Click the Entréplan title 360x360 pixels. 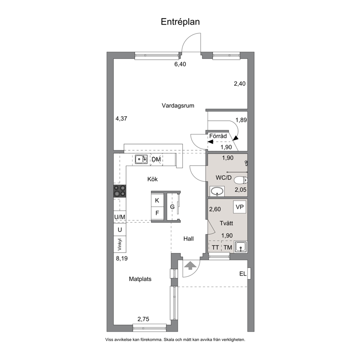point(180,22)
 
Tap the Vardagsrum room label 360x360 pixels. point(178,106)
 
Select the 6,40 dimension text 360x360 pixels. point(180,64)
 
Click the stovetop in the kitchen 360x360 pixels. point(120,191)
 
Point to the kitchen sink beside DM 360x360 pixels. point(141,159)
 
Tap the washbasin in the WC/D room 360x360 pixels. point(217,191)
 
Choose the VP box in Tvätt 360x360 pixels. point(240,207)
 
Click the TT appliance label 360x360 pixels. point(215,247)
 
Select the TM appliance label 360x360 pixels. point(228,247)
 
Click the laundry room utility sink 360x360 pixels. point(240,247)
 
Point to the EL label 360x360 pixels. point(243,274)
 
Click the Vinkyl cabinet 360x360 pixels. point(120,244)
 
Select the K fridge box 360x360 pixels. point(157,200)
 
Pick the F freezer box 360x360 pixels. point(157,213)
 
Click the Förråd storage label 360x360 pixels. point(218,136)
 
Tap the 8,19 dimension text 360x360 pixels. point(122,258)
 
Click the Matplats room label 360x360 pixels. point(140,279)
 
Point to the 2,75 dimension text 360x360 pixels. point(143,319)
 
